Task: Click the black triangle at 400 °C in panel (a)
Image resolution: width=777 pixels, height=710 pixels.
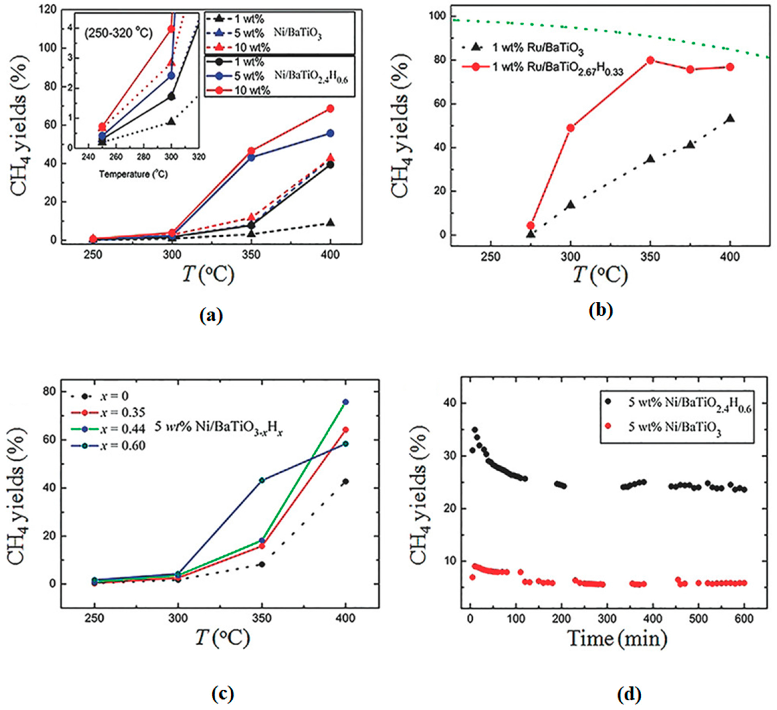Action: click(330, 223)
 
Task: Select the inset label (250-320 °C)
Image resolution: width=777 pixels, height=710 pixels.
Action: click(119, 33)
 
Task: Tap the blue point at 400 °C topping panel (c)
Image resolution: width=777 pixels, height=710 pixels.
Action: click(346, 402)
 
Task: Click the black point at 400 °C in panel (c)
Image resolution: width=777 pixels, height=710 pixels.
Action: click(346, 481)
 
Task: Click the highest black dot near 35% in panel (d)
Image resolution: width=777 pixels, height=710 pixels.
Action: click(475, 430)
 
